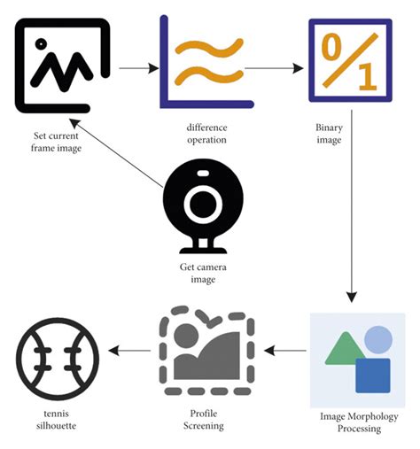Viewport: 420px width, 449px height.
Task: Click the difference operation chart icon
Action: (x=202, y=63)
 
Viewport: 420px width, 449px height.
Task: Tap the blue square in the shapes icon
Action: (x=372, y=375)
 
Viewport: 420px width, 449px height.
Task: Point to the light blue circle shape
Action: (x=378, y=339)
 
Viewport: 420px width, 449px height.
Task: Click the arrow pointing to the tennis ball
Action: (x=128, y=351)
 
